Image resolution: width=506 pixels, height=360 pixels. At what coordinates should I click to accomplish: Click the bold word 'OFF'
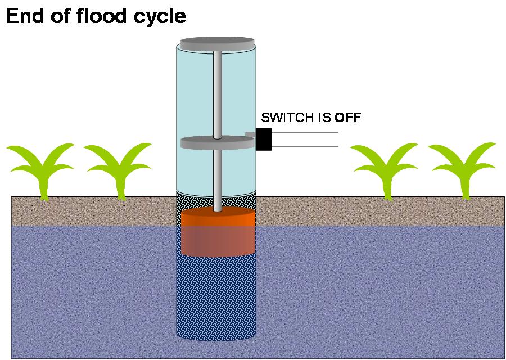(347, 118)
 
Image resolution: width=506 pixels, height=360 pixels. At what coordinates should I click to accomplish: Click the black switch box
(264, 139)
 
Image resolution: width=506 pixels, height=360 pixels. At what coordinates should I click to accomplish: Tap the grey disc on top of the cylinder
(217, 43)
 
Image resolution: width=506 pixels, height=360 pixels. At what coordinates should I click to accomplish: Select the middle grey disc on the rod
(217, 143)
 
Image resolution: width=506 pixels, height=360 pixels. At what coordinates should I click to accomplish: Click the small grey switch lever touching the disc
(250, 134)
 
